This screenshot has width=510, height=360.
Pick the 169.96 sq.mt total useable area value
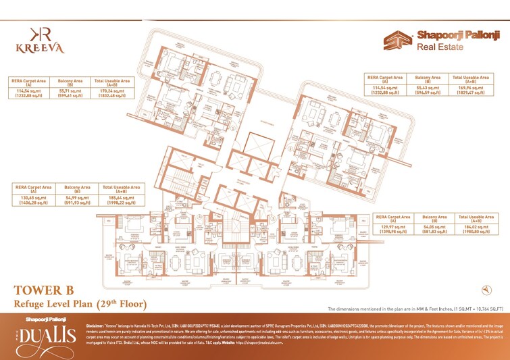point(471,88)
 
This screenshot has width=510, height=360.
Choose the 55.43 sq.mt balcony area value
point(428,88)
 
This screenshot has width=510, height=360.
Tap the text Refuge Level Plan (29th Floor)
point(80,304)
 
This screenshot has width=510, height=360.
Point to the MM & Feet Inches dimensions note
point(415,307)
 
